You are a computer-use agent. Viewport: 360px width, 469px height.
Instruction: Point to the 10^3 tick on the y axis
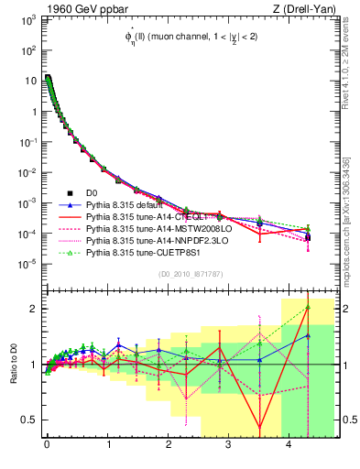28,21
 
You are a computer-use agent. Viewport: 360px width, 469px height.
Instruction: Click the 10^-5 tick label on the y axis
28,264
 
